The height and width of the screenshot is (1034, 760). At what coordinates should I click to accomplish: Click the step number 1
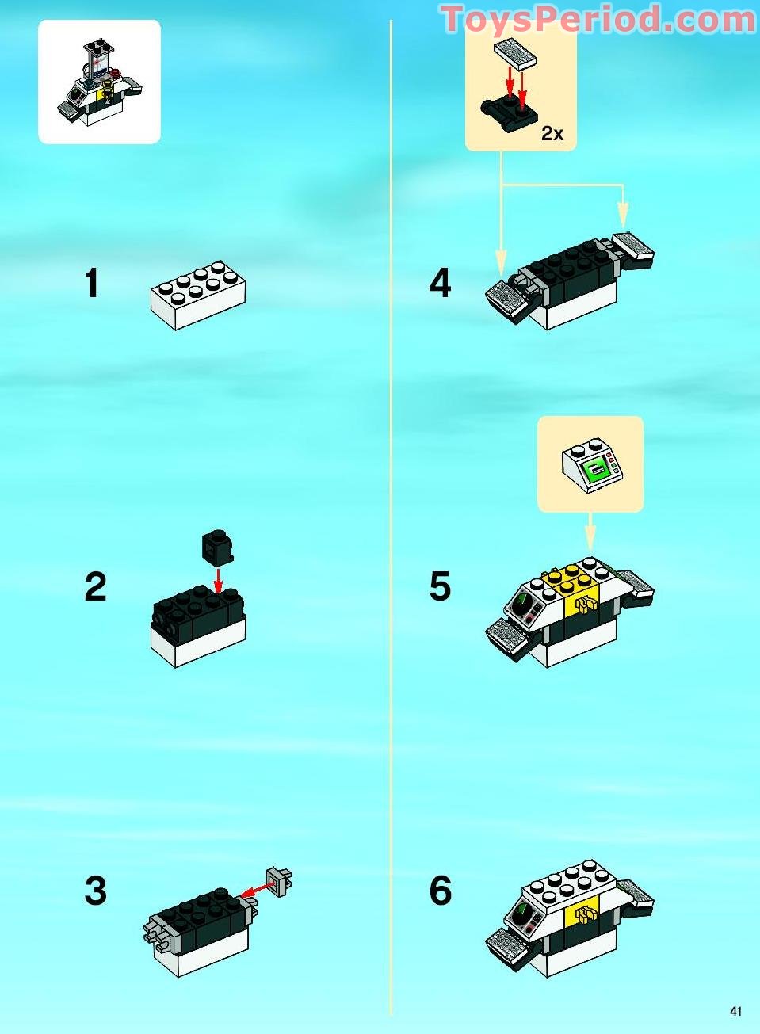click(x=93, y=284)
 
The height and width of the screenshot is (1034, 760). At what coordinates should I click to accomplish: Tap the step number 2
click(x=95, y=587)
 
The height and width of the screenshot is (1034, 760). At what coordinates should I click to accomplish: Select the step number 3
click(x=95, y=891)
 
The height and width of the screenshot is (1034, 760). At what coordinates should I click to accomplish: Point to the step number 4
click(x=440, y=284)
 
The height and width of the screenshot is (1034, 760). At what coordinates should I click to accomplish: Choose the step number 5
click(x=440, y=587)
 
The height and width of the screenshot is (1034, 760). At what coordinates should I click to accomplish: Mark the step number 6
click(x=440, y=891)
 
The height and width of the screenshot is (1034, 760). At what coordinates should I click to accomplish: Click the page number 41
click(x=736, y=1011)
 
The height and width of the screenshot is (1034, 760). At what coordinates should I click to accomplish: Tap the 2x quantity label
click(x=552, y=134)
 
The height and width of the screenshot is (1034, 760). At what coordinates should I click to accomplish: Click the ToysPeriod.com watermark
click(x=598, y=20)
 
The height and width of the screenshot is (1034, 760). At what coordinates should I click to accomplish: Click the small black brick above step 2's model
click(x=216, y=544)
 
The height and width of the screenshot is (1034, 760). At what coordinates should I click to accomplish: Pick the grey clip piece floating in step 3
click(x=280, y=881)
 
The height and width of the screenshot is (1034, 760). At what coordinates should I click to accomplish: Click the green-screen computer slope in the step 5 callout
click(x=592, y=467)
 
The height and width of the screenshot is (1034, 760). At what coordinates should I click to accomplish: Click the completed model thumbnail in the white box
click(x=99, y=82)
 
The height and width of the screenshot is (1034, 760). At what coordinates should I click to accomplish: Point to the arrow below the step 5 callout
click(x=590, y=531)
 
